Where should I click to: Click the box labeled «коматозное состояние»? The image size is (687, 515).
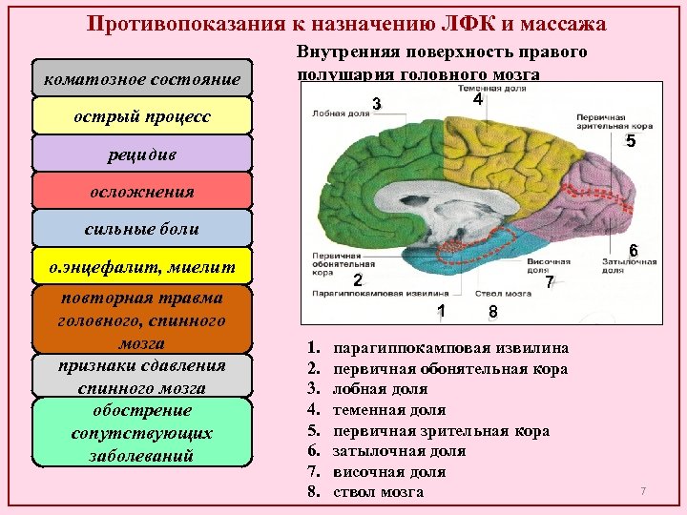tap(141, 79)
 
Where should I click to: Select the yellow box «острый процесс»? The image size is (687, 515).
tap(141, 116)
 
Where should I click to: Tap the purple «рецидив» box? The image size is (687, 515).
tap(141, 154)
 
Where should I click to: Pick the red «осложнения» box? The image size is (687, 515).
tap(141, 191)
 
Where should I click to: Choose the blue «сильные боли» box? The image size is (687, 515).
tap(141, 228)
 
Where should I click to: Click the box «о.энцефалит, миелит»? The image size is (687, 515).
tap(141, 265)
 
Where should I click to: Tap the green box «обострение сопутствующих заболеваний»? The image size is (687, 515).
tap(141, 432)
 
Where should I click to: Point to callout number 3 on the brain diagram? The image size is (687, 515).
tap(378, 103)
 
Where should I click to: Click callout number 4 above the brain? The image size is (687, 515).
tap(477, 99)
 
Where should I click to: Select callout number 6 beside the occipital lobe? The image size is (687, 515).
tap(633, 251)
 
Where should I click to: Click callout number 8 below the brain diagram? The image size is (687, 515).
tap(492, 312)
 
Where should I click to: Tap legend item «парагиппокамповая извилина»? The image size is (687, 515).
tap(450, 348)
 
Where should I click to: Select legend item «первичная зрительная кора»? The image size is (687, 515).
tap(441, 431)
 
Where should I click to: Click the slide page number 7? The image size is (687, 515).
tap(643, 490)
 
